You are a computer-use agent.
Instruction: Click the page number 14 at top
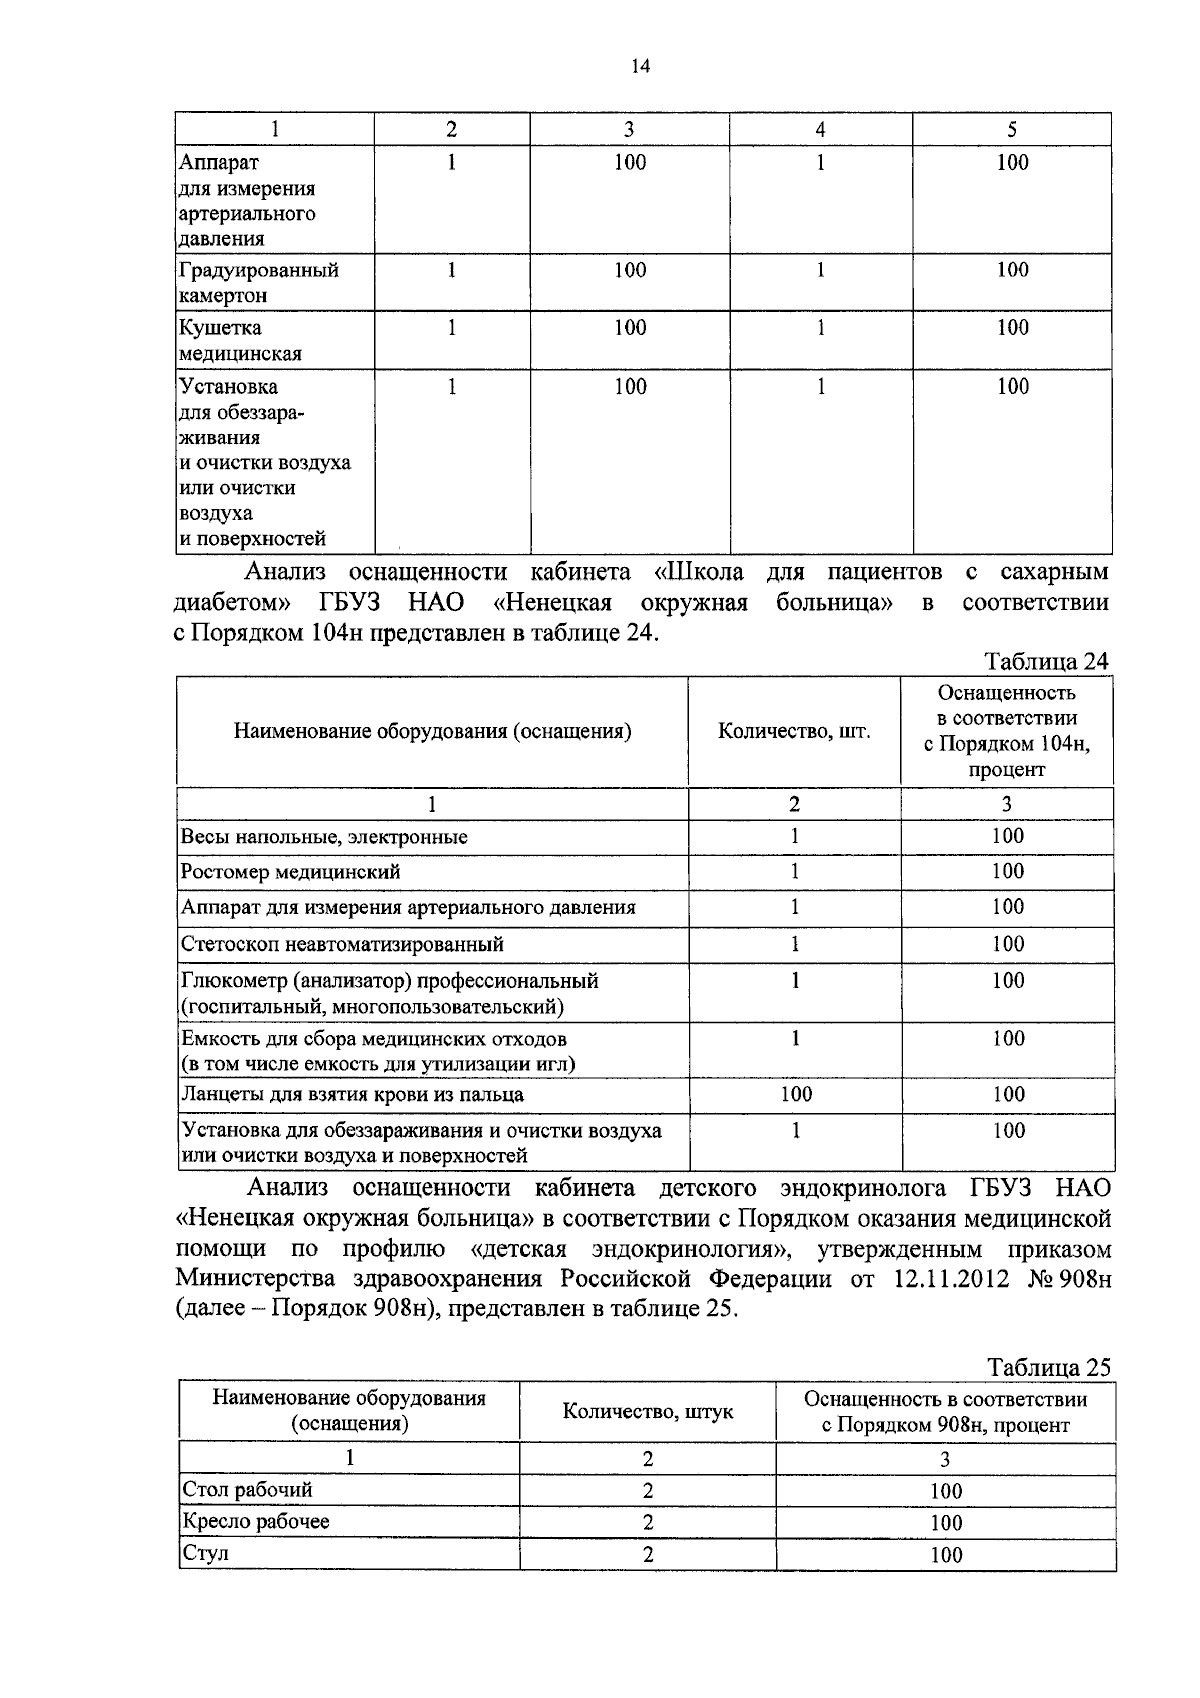tap(640, 66)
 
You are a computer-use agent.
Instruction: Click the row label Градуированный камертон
tap(258, 282)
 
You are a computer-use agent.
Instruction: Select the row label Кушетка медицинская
tap(240, 340)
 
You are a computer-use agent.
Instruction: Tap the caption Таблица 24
tap(1046, 661)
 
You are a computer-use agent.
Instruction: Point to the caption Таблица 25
tap(1048, 1367)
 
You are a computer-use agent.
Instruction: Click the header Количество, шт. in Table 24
tap(794, 731)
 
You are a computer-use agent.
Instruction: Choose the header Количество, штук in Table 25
tap(647, 1411)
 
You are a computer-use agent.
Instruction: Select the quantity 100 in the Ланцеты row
tap(796, 1094)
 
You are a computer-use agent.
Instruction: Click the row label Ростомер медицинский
tap(291, 871)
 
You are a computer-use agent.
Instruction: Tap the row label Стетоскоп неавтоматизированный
tap(342, 943)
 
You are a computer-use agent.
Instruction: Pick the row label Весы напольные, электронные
tap(324, 836)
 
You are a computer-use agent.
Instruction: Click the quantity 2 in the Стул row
tap(648, 1554)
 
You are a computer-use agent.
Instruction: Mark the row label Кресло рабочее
tap(255, 1521)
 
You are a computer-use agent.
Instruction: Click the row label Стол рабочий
tap(247, 1489)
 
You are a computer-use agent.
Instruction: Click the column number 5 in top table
tap(1012, 129)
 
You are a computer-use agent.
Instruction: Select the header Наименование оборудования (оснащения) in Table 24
tap(432, 731)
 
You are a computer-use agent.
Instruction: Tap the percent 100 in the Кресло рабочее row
tap(945, 1523)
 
